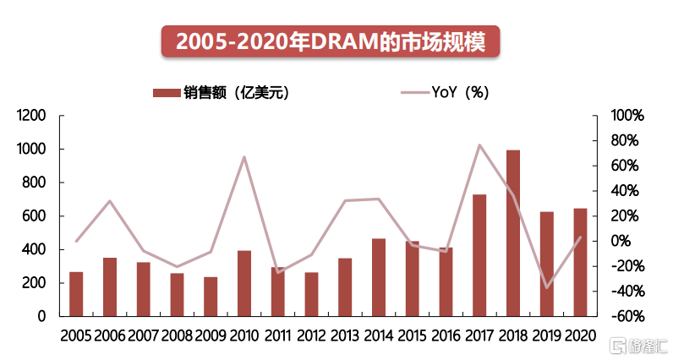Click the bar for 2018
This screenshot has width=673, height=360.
coord(513,233)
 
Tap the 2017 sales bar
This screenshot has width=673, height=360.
coord(479,255)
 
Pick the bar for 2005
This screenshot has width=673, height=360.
coord(76,294)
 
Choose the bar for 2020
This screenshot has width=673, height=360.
coord(580,262)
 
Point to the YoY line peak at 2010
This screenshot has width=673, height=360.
coord(244,157)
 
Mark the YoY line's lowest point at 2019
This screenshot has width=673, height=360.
coord(547,287)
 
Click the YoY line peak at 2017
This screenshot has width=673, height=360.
coord(479,145)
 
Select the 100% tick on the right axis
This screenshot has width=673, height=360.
coord(628,116)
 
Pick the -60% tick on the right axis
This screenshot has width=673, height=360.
coord(628,317)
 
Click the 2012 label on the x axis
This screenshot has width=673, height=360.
coord(311,335)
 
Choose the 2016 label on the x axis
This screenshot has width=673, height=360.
coord(446,335)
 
